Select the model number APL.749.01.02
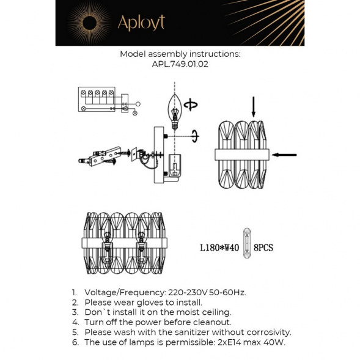point(180,64)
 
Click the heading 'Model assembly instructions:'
point(180,54)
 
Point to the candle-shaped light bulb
point(175,110)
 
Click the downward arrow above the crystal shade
point(254,108)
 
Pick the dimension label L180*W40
point(217,248)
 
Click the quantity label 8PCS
point(263,248)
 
